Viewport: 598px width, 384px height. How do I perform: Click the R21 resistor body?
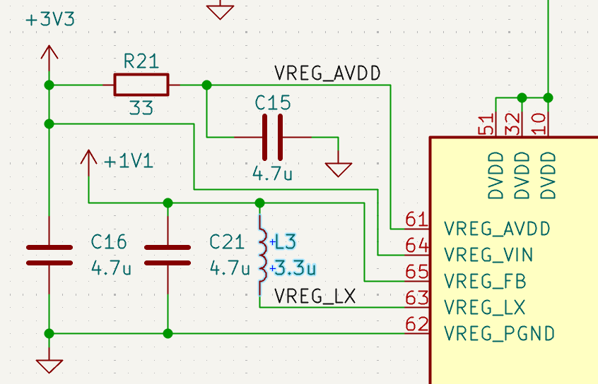141,85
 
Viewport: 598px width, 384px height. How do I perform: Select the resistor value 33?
141,109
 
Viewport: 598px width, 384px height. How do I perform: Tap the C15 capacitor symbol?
272,137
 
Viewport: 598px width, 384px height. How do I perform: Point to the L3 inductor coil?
262,256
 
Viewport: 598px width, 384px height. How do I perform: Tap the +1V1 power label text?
129,162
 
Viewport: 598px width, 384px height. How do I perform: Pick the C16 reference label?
109,242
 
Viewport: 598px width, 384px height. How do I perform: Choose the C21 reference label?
227,242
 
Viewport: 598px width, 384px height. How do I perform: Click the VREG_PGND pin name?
499,333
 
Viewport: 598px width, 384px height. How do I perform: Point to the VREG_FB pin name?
485,281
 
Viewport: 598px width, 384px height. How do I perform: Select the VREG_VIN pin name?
488,254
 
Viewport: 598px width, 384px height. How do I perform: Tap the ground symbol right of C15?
338,169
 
